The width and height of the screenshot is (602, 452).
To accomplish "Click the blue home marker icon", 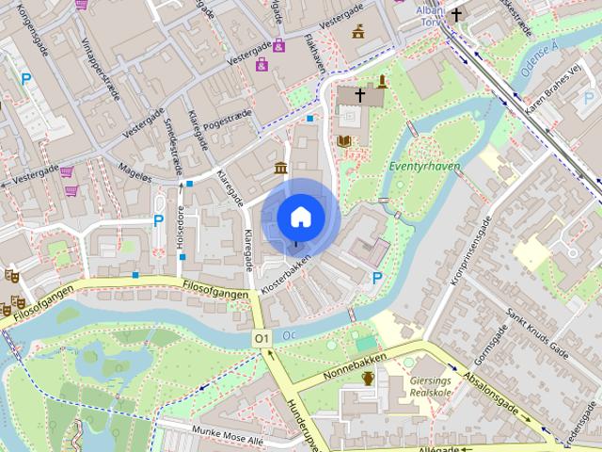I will (x=300, y=217).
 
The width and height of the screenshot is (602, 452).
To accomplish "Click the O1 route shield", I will (x=261, y=338).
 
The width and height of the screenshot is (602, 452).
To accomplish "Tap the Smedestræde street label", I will (x=172, y=144).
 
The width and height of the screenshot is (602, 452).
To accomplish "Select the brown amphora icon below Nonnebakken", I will (x=369, y=378).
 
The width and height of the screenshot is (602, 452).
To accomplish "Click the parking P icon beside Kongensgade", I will (x=26, y=80).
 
